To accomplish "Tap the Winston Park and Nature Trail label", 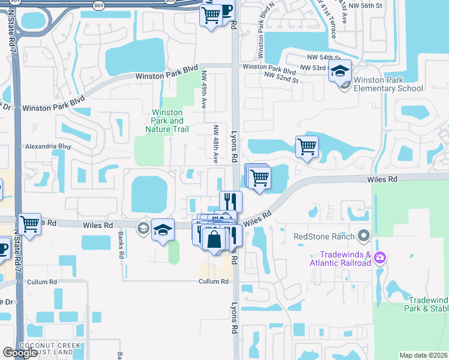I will click(167, 121).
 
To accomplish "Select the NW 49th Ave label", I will click(204, 90).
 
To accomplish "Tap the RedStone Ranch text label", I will click(324, 236).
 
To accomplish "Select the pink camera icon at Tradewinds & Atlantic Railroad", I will click(379, 257).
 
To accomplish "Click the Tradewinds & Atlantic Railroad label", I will click(340, 257).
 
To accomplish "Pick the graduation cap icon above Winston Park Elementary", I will click(340, 71).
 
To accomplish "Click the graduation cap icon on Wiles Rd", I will click(163, 230).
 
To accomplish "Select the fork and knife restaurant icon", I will click(231, 200).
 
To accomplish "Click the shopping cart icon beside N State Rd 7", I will click(29, 224).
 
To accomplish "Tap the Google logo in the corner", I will click(20, 353).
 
